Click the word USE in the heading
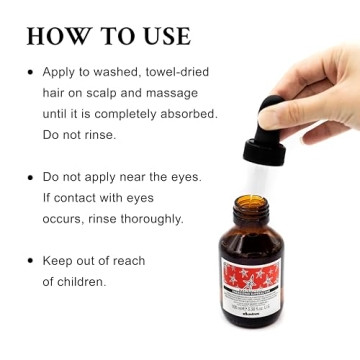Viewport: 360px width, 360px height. (x=160, y=36)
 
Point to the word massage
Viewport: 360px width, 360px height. (x=190, y=94)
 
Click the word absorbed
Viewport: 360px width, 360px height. (x=188, y=114)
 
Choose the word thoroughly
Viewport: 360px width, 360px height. (x=150, y=218)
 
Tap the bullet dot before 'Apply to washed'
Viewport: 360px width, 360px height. (x=29, y=73)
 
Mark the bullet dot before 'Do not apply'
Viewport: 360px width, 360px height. (x=29, y=177)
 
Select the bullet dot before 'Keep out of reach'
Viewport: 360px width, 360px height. (x=29, y=261)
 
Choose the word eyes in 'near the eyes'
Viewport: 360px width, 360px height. (x=183, y=177)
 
